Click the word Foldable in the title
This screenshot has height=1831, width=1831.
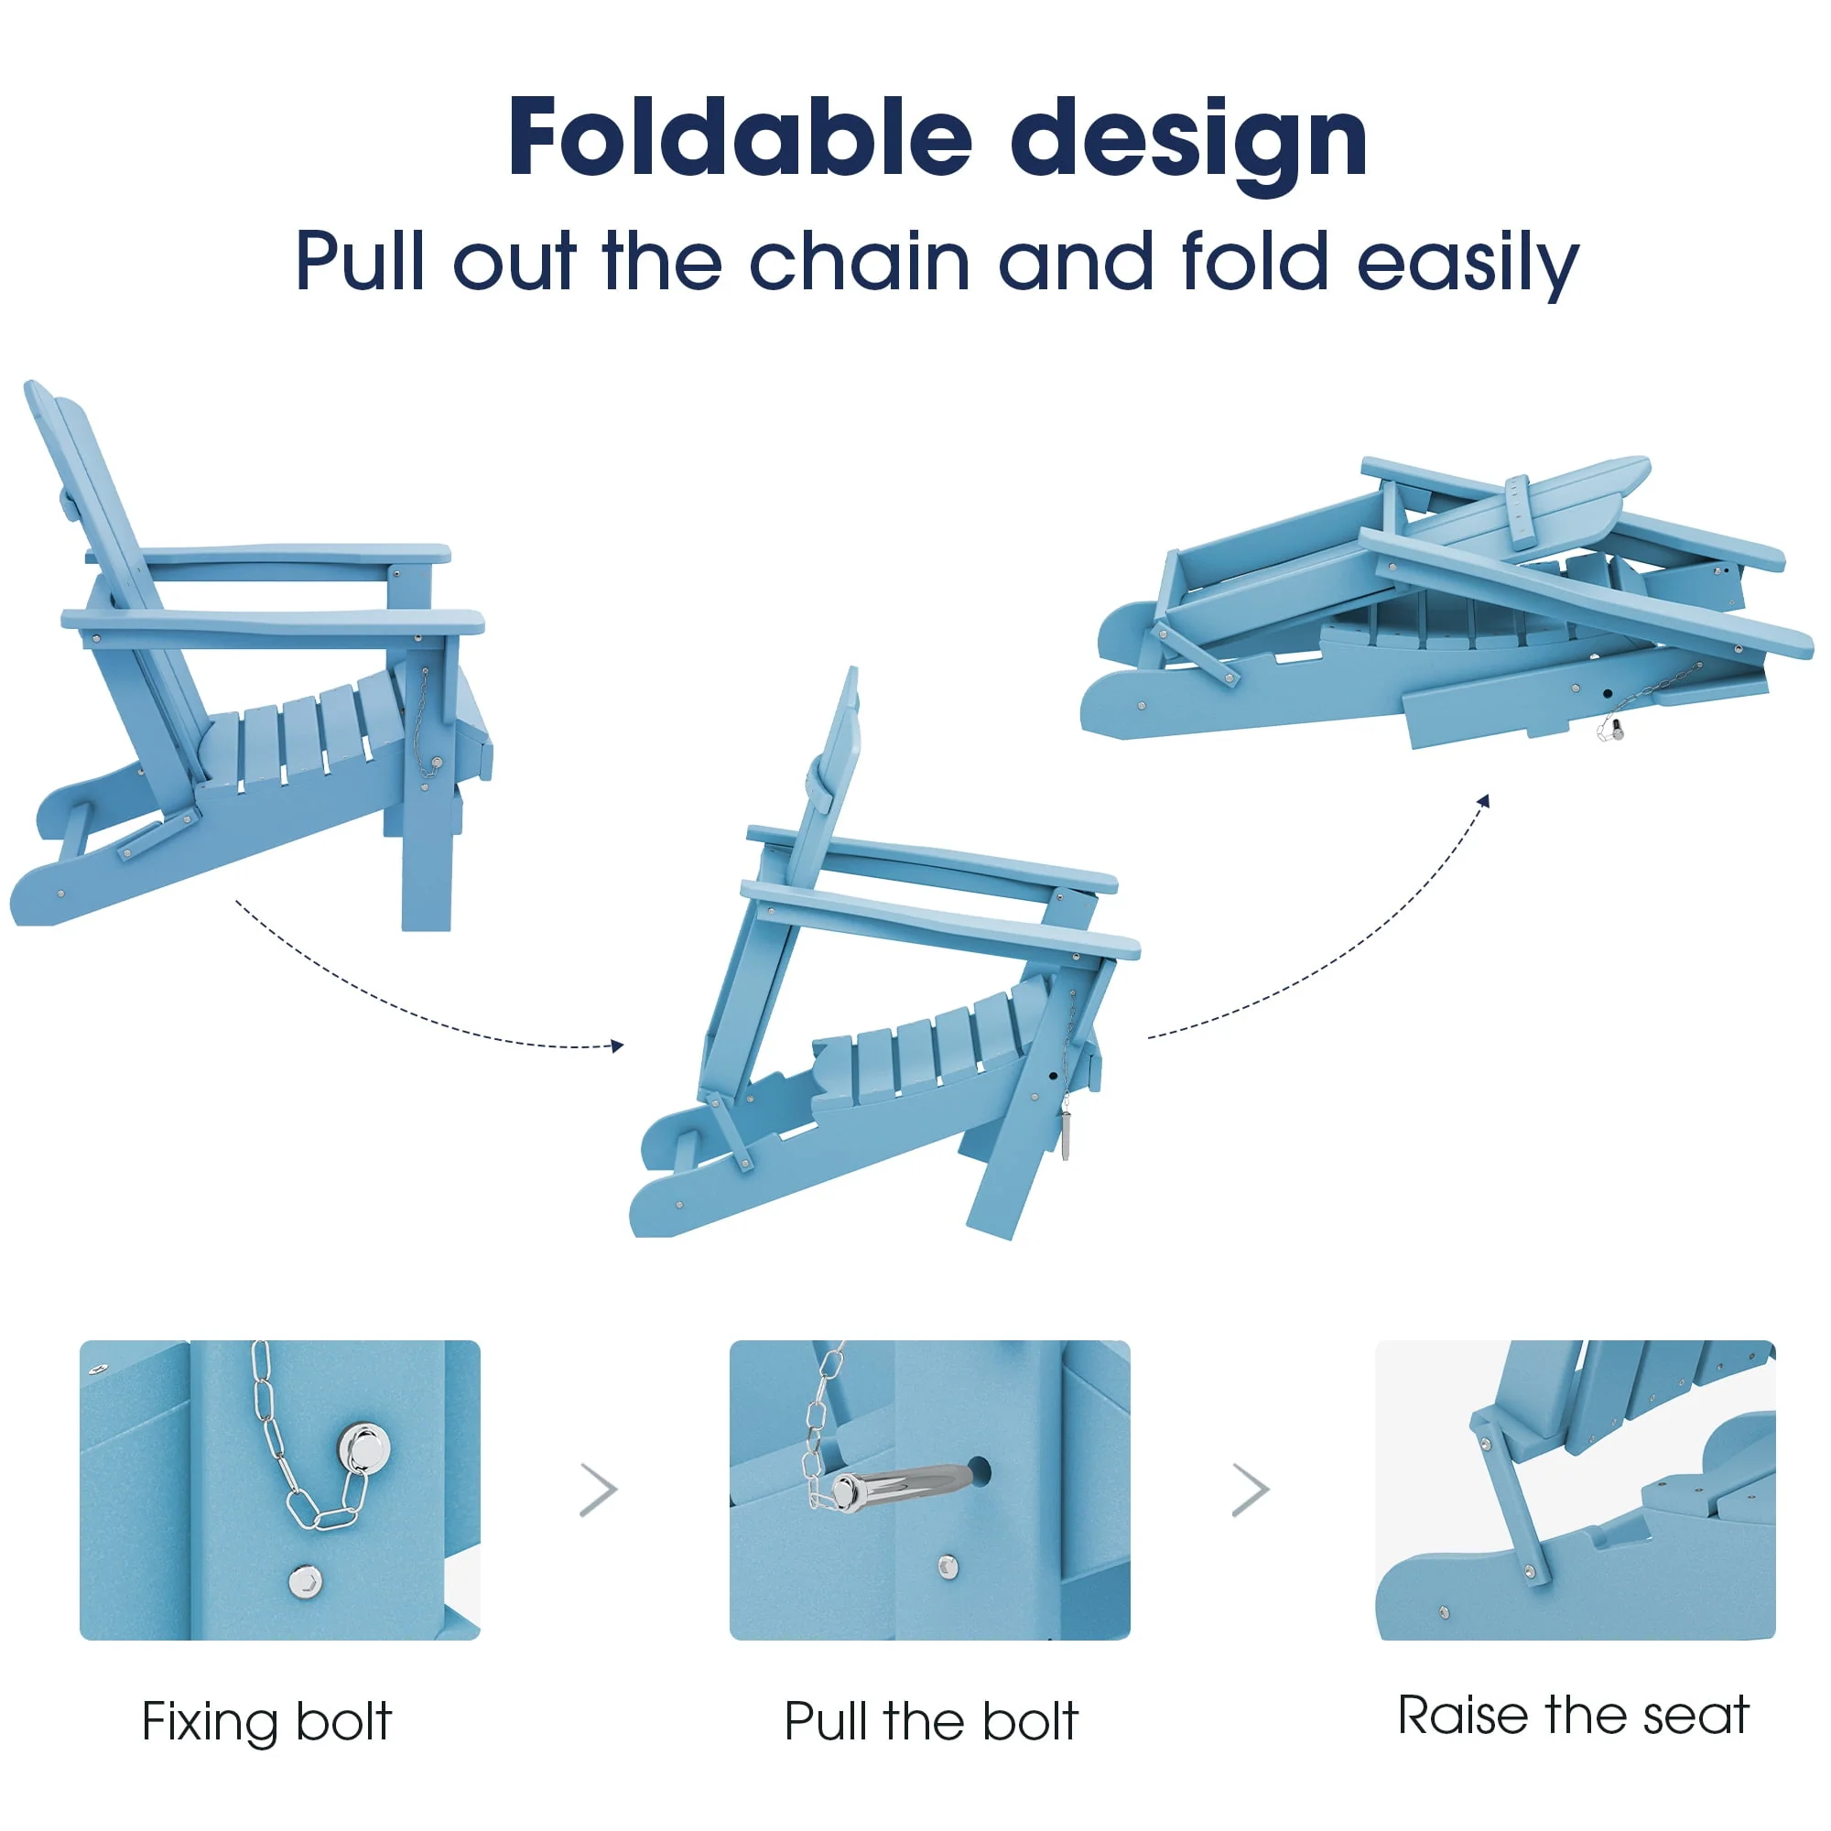740,138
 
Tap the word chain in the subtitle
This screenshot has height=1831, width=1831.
860,262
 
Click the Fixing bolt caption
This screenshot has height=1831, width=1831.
266,1722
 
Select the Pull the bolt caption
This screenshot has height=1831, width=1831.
931,1721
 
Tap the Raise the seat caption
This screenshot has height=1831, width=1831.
1573,1716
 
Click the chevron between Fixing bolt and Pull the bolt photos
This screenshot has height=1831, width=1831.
599,1490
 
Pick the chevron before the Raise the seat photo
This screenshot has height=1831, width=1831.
1250,1490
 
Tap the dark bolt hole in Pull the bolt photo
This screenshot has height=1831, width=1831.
978,1472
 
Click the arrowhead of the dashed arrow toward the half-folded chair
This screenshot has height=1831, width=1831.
617,1046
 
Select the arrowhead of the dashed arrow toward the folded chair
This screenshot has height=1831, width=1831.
1484,802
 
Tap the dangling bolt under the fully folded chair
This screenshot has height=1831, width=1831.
1614,729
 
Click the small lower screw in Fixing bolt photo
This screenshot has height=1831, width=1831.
304,1581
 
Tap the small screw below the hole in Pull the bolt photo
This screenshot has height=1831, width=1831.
947,1566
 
